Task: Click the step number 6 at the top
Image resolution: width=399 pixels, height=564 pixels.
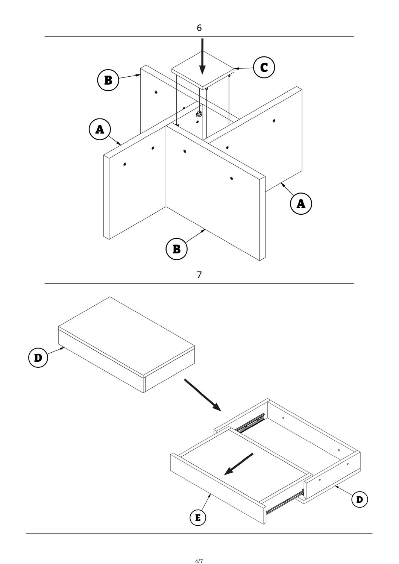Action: (199, 28)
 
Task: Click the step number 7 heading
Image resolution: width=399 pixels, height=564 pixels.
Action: (199, 275)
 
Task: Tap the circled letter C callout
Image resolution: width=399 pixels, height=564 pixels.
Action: (264, 68)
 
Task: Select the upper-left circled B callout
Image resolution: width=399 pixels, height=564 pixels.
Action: (108, 80)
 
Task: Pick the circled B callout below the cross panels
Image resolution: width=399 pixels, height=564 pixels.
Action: (176, 249)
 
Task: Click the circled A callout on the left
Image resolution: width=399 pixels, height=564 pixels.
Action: (100, 129)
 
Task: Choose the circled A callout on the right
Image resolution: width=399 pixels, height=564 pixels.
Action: (301, 203)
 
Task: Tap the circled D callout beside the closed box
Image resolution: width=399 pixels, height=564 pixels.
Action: (38, 358)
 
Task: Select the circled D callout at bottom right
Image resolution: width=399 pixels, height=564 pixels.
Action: (360, 499)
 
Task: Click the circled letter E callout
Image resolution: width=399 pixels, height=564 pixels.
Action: (198, 518)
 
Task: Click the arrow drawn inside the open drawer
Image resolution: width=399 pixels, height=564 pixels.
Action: (238, 464)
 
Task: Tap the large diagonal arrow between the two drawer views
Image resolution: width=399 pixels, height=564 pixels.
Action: (202, 394)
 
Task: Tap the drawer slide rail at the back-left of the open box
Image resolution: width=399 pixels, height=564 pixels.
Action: (251, 423)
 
